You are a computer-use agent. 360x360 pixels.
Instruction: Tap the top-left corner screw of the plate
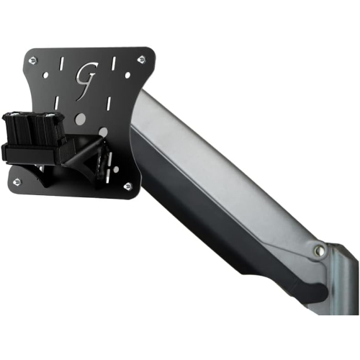click(x=31, y=61)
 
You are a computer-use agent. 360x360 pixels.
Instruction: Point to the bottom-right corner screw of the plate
click(x=127, y=186)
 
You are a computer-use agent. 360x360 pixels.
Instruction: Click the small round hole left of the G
click(x=48, y=74)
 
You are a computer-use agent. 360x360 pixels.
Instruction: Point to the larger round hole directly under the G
click(x=81, y=118)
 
